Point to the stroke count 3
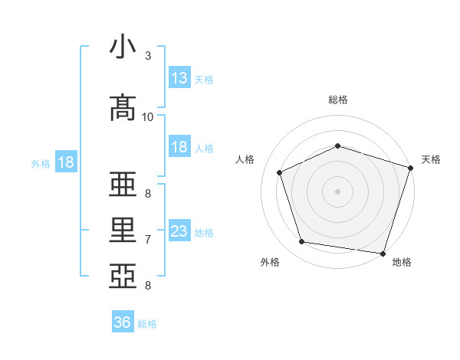tap(148, 56)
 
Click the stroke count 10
tap(148, 116)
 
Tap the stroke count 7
tap(148, 240)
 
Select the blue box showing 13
tap(179, 78)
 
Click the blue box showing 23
tap(179, 231)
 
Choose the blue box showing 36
tap(123, 322)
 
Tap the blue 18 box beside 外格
tap(65, 162)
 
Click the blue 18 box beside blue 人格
tap(179, 147)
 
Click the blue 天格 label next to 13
tap(204, 80)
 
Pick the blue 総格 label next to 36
tap(147, 324)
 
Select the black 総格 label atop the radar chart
tap(338, 100)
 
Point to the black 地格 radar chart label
tap(402, 262)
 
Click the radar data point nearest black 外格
tap(302, 242)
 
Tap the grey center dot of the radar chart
tap(338, 191)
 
